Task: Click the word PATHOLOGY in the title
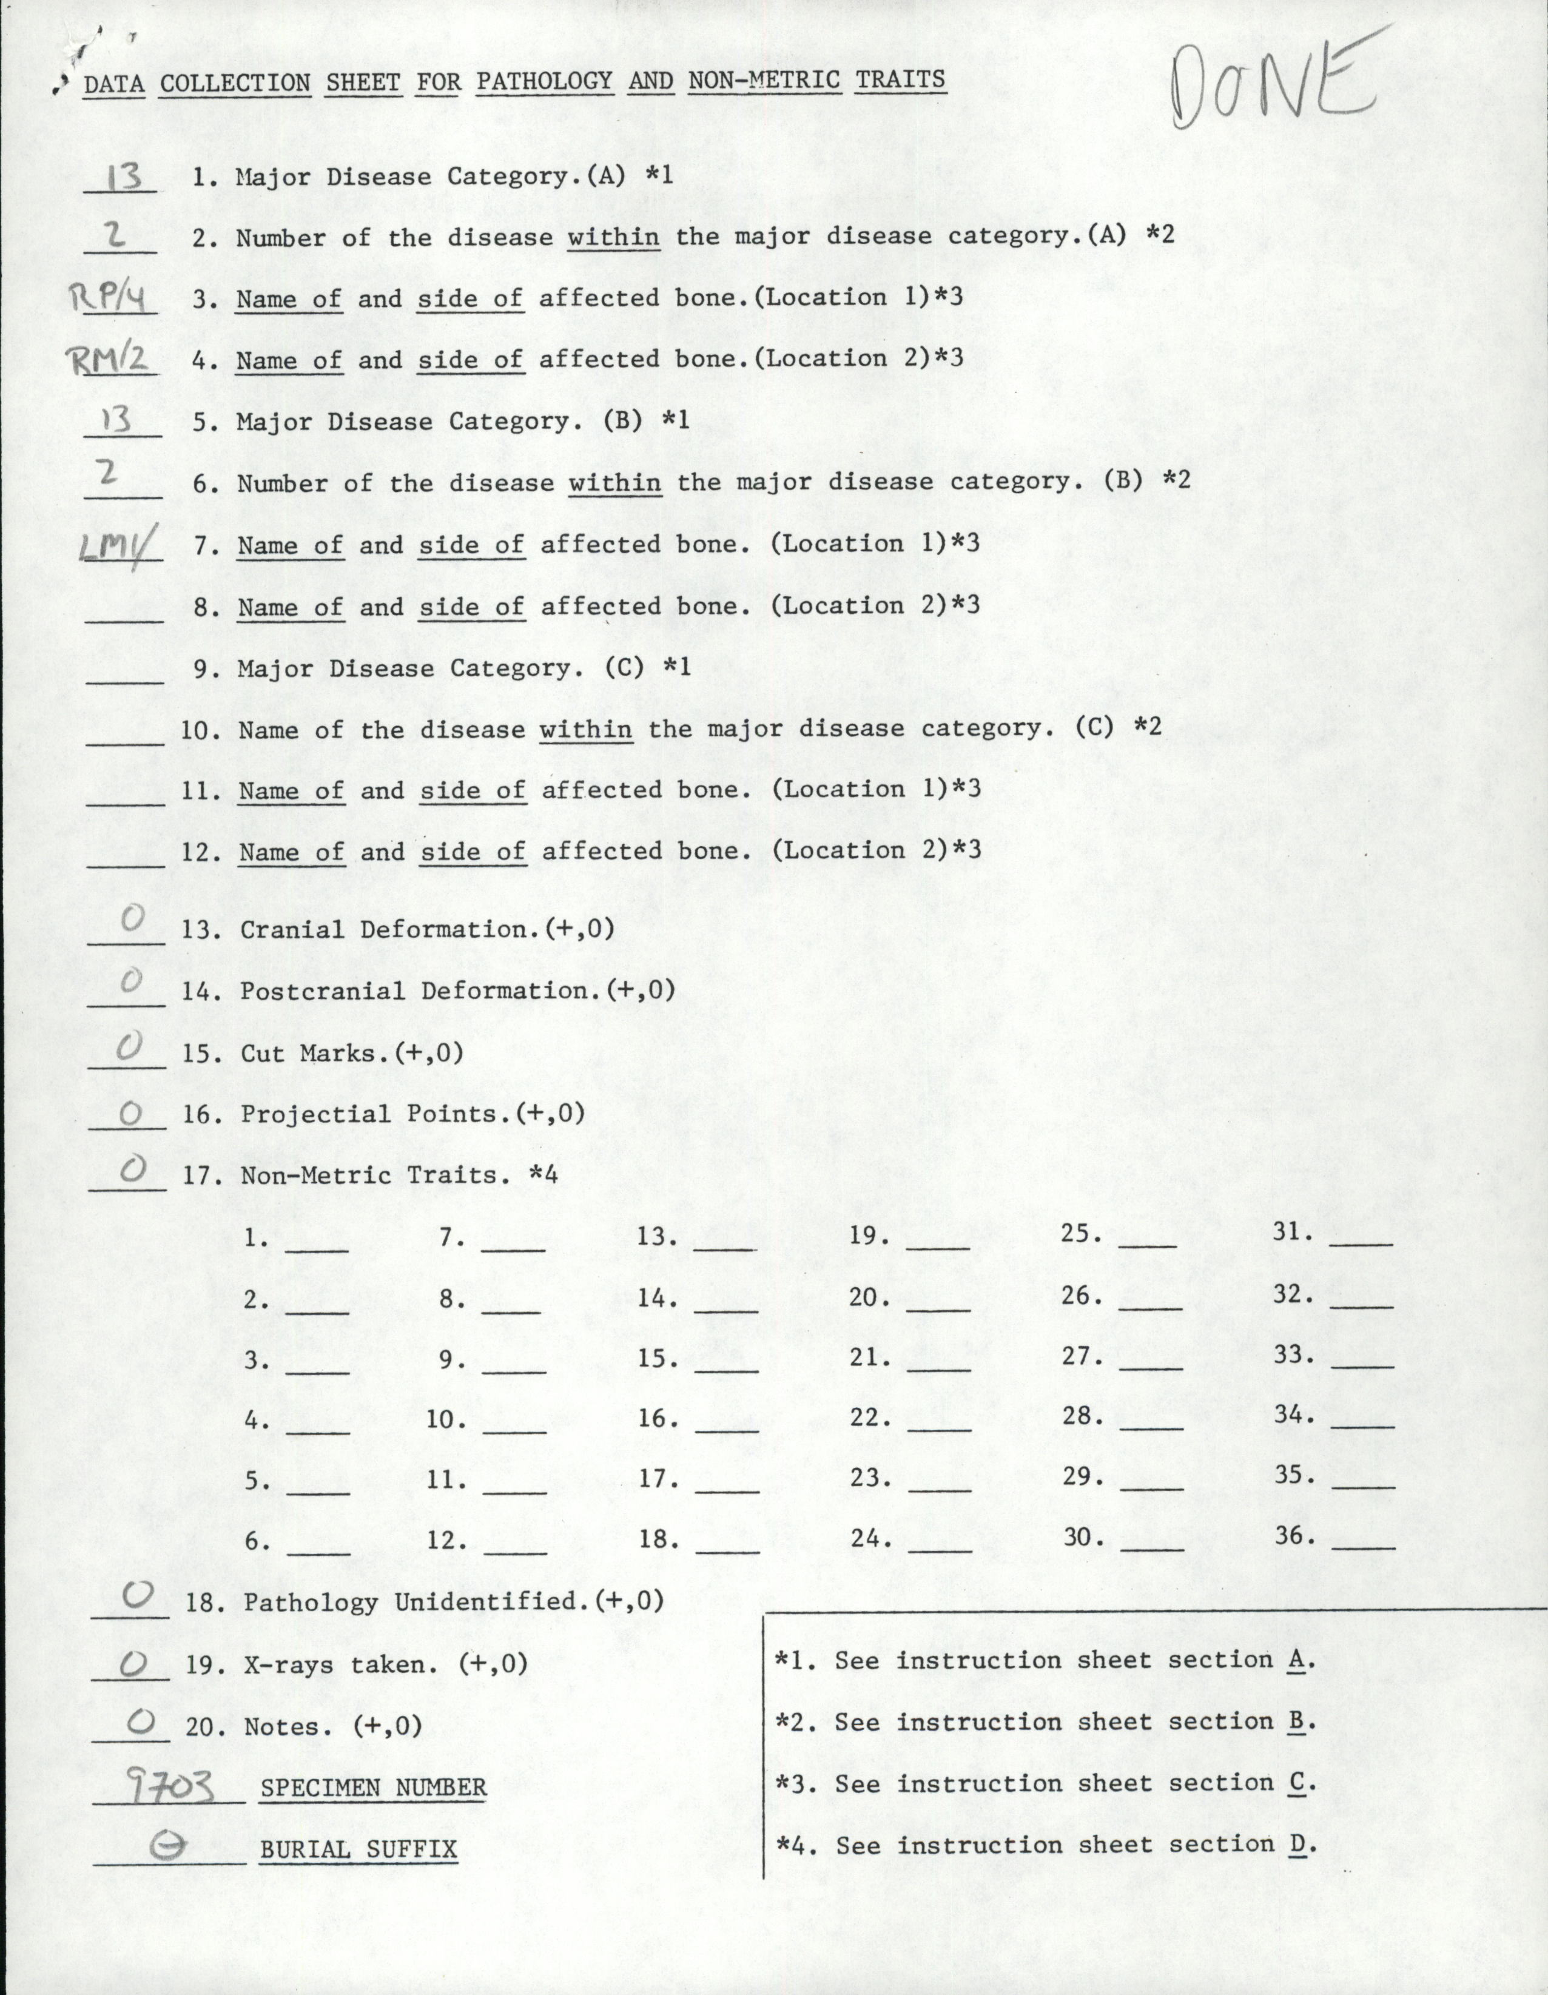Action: tap(544, 81)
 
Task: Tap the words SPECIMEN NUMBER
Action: tap(372, 1788)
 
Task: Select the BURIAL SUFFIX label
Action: tap(358, 1851)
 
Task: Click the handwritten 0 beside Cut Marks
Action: tap(130, 1048)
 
